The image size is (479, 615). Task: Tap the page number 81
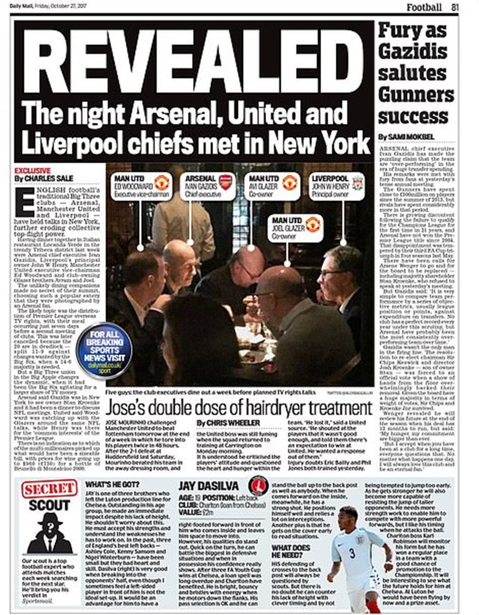[x=455, y=7]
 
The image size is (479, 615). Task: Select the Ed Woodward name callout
[x=140, y=186]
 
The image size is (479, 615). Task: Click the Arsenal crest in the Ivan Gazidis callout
[x=225, y=182]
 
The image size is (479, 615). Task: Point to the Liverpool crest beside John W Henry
[x=357, y=184]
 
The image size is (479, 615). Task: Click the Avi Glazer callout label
[x=272, y=186]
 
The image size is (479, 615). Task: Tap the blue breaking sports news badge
[x=104, y=350]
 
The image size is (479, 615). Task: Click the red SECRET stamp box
[x=49, y=489]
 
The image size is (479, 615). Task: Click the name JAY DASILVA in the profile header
[x=207, y=486]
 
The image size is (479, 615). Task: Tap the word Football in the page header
[x=424, y=7]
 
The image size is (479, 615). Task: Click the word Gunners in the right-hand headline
[x=416, y=94]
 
